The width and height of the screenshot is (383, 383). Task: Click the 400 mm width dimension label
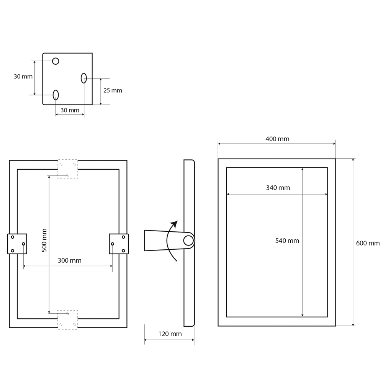[x=277, y=139]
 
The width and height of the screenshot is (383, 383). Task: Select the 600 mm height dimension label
[x=368, y=243]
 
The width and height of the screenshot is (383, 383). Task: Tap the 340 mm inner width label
[x=278, y=188]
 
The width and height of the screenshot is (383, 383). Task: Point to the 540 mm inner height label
[x=287, y=241]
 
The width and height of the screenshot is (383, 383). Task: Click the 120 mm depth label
[x=170, y=334]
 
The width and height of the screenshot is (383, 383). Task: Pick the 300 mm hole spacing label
[x=70, y=260]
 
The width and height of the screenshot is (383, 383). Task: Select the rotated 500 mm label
[x=44, y=241]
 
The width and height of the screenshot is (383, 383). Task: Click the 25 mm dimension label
[x=113, y=91]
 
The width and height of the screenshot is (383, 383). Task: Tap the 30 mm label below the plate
[x=70, y=110]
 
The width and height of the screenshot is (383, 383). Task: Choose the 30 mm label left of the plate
[x=23, y=77]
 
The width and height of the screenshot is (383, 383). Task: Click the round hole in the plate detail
[x=56, y=61]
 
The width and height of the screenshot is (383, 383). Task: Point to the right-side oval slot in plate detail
[x=84, y=78]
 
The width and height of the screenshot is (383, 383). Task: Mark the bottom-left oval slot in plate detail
[x=56, y=95]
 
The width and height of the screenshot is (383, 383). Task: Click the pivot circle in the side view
[x=188, y=241]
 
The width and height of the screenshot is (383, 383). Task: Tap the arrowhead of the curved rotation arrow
[x=175, y=224]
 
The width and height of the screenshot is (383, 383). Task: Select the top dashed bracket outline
[x=68, y=169]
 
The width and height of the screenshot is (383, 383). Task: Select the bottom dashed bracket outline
[x=68, y=320]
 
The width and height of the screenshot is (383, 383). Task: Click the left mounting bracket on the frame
[x=17, y=244]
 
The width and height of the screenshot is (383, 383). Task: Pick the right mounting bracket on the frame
[x=119, y=244]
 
